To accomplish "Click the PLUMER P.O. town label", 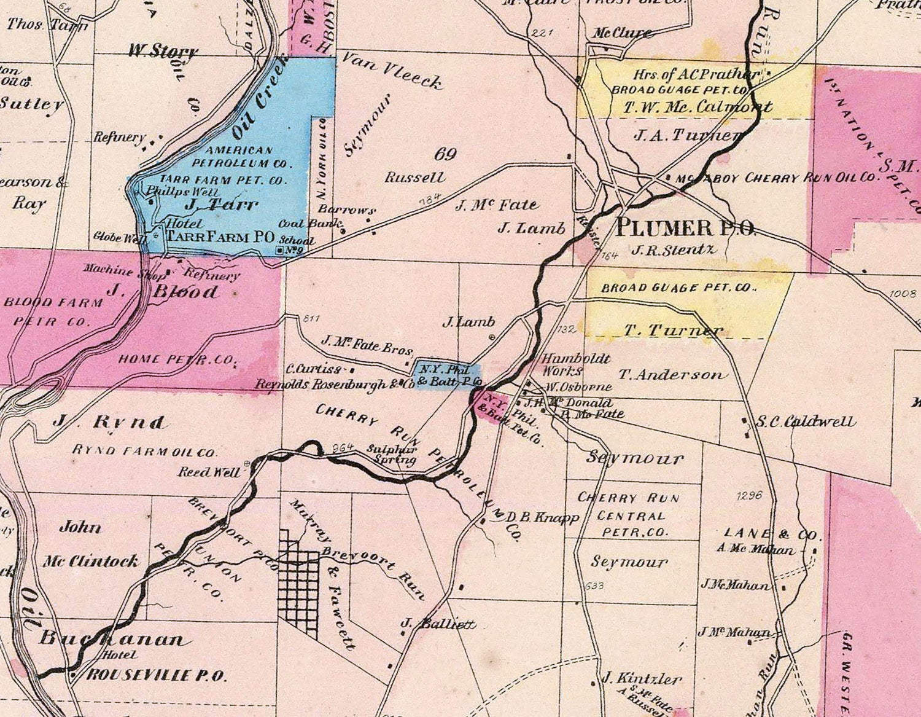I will click(685, 228).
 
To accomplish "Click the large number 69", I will click(445, 154).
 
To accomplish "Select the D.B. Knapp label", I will click(542, 518).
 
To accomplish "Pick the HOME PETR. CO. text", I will click(178, 359).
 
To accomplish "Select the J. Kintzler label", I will click(642, 679).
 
